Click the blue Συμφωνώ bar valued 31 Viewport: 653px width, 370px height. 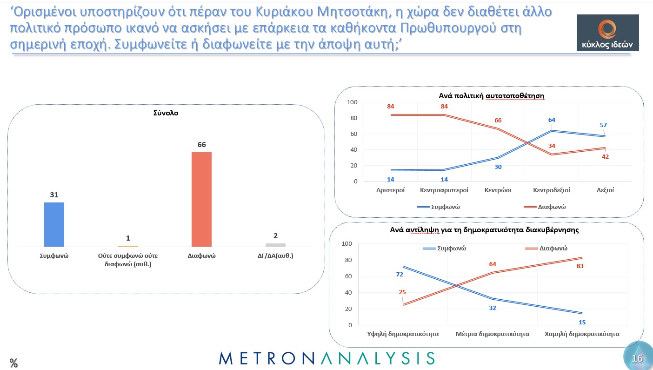tap(54, 224)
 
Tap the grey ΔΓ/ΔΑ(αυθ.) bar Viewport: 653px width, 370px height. tap(275, 245)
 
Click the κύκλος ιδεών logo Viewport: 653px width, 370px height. tap(607, 33)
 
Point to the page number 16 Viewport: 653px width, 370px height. tap(637, 358)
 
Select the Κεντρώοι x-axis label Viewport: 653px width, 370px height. tap(498, 190)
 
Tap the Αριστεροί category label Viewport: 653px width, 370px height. tap(390, 190)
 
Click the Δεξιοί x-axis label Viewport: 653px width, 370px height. tap(606, 190)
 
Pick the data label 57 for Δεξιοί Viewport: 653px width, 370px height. tap(603, 125)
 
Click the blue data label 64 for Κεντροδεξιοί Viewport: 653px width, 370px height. tap(552, 120)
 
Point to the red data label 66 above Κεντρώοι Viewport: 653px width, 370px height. tap(498, 121)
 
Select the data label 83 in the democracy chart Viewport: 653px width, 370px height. tap(580, 266)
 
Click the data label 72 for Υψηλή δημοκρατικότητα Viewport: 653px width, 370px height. tap(399, 275)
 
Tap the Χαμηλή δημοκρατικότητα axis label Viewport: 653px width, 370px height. tap(582, 334)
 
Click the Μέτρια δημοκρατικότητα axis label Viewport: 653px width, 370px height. tap(493, 334)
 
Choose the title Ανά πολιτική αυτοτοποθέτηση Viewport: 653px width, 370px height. tap(492, 96)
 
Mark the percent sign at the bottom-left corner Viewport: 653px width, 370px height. tap(13, 363)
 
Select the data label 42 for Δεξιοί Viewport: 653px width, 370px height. tap(605, 156)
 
